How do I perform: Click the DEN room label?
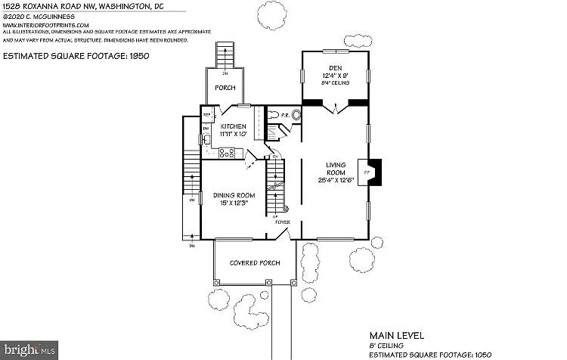point(335,68)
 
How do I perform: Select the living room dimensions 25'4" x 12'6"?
point(335,178)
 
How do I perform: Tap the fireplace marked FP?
point(369,172)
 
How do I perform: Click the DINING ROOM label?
point(233,195)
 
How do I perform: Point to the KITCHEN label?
point(234,126)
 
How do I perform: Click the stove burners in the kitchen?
point(226,153)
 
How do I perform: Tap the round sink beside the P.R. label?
point(296,116)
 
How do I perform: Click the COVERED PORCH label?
point(255,262)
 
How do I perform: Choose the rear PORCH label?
point(225,88)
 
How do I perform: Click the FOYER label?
point(282,222)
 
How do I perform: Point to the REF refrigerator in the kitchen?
point(206,115)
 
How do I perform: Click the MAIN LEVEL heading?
point(396,334)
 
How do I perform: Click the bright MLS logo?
point(30,350)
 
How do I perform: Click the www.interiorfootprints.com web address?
point(45,24)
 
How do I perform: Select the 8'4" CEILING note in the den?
point(335,82)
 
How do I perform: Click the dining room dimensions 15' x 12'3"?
point(233,203)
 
